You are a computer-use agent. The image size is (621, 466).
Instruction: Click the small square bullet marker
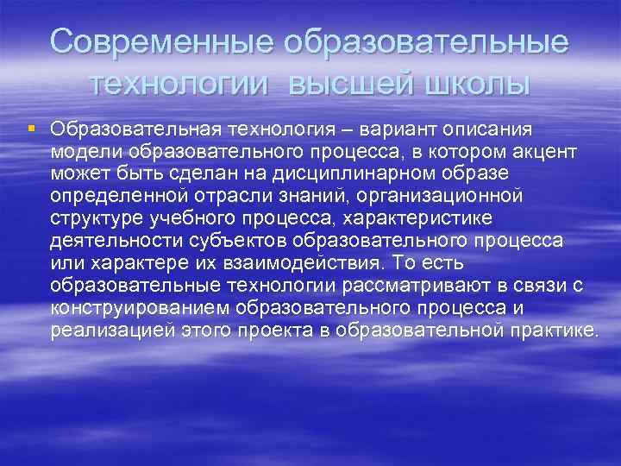[x=31, y=129]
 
